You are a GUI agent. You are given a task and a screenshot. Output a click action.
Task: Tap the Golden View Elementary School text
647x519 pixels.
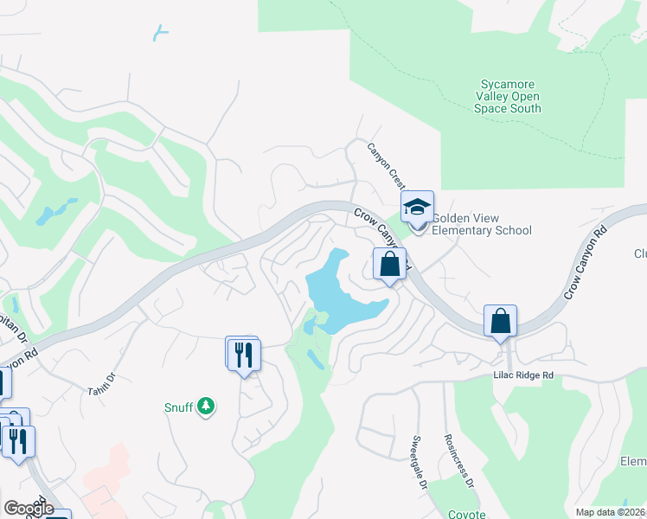click(x=481, y=225)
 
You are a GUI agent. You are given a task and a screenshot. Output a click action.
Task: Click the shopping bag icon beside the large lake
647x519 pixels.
click(x=389, y=264)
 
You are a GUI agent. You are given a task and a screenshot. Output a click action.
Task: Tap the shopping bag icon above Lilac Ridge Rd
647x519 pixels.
click(x=500, y=322)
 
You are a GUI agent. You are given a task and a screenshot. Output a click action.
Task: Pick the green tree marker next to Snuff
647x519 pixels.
click(x=205, y=406)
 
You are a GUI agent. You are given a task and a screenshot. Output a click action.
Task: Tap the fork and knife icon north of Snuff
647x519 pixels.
click(x=243, y=354)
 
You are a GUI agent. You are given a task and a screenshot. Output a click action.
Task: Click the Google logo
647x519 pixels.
click(x=29, y=508)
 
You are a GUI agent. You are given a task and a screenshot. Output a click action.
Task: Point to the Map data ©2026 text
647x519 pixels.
click(x=610, y=512)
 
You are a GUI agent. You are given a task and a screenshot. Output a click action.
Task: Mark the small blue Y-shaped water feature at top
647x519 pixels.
click(x=159, y=33)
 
